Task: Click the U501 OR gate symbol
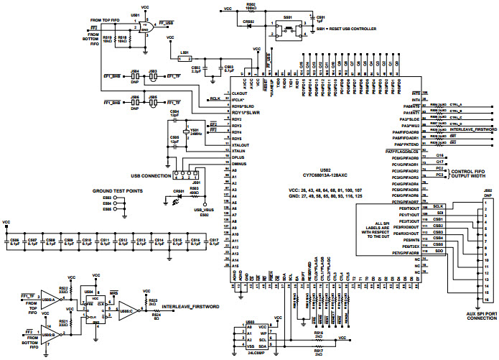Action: click(x=146, y=27)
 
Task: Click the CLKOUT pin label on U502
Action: click(x=238, y=94)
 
